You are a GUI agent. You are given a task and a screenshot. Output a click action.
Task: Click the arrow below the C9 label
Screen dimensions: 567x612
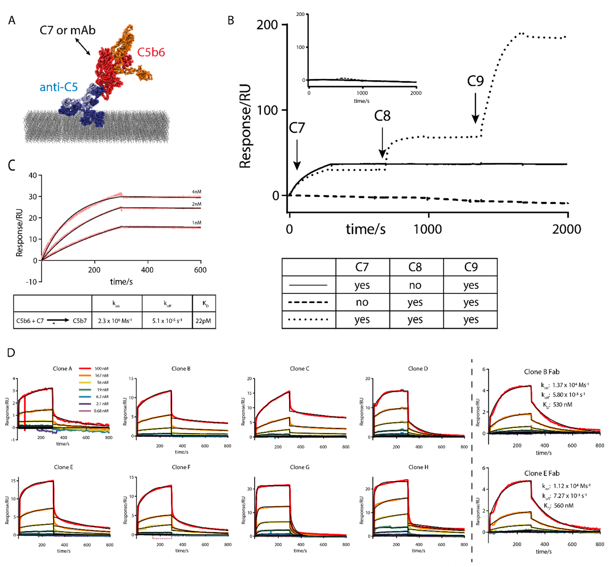click(x=475, y=108)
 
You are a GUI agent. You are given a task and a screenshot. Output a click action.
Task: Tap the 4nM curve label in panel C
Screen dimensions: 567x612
click(x=196, y=192)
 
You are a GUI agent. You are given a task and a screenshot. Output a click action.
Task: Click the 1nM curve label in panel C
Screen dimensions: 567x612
click(x=196, y=223)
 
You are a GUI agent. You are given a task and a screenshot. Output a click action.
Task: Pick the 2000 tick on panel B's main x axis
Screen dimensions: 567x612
click(x=567, y=229)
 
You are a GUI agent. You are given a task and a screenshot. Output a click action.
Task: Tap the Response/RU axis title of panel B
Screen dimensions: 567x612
click(x=245, y=126)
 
